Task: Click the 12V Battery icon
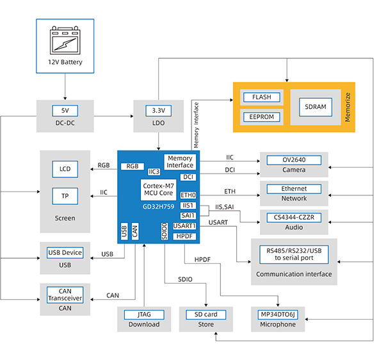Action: pos(65,40)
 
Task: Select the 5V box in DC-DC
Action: pos(65,111)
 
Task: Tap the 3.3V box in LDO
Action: pos(159,111)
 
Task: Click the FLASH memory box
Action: pos(262,97)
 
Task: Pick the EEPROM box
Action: pos(262,117)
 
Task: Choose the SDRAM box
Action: pos(316,107)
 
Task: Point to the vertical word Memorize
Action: pos(348,107)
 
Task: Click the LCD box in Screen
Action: pos(65,169)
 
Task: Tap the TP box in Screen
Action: pos(65,196)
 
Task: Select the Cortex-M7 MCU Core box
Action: pos(159,190)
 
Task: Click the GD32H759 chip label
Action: pos(158,207)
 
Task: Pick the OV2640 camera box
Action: pos(294,160)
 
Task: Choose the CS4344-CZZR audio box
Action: pos(294,218)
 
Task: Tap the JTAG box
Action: pos(144,315)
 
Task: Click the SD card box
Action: pos(206,315)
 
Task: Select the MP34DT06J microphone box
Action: pos(278,315)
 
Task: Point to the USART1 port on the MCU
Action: pos(184,226)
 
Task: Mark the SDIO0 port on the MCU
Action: pos(165,231)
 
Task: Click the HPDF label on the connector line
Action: pos(202,259)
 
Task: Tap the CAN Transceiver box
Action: pos(65,295)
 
